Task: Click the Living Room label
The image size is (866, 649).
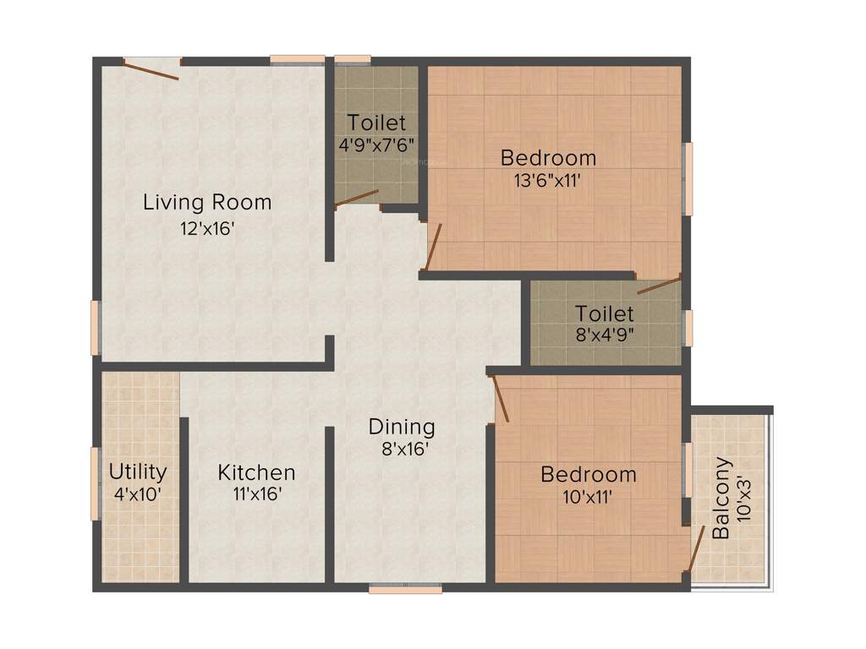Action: coord(207,203)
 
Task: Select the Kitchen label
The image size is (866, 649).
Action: coord(256,472)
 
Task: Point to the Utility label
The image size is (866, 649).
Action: coord(138,472)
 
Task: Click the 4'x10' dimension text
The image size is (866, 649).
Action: coord(137,494)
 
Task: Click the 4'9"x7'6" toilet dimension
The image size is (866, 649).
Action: coord(376,145)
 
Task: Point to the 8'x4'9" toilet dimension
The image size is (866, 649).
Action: coord(605,334)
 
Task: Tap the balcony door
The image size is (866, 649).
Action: coord(696,550)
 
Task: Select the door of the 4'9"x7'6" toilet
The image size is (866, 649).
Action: coord(356,198)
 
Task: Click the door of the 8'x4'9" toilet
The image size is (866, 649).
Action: coord(659,284)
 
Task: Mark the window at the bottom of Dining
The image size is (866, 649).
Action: coord(405,589)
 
